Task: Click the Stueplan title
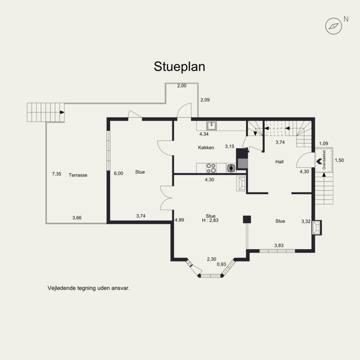click(x=179, y=67)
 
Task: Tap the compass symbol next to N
click(x=333, y=26)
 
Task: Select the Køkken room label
click(x=206, y=148)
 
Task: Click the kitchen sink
click(x=211, y=126)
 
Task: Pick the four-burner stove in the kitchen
click(x=211, y=168)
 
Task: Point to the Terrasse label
click(x=78, y=175)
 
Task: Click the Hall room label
click(x=279, y=162)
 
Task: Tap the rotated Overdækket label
click(x=324, y=160)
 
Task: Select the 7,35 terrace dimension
click(x=57, y=174)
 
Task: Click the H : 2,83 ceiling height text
click(x=210, y=220)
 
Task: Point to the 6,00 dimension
click(x=118, y=174)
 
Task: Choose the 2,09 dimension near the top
click(x=205, y=100)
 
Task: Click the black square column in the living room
click(x=247, y=220)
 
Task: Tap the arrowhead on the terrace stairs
click(x=62, y=112)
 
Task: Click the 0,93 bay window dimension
click(x=221, y=265)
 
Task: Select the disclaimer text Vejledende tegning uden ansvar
click(x=89, y=288)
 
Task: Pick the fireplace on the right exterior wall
click(x=317, y=227)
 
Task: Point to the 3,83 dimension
click(x=279, y=245)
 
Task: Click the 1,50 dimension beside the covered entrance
click(x=339, y=160)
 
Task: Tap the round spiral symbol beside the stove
click(x=231, y=168)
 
